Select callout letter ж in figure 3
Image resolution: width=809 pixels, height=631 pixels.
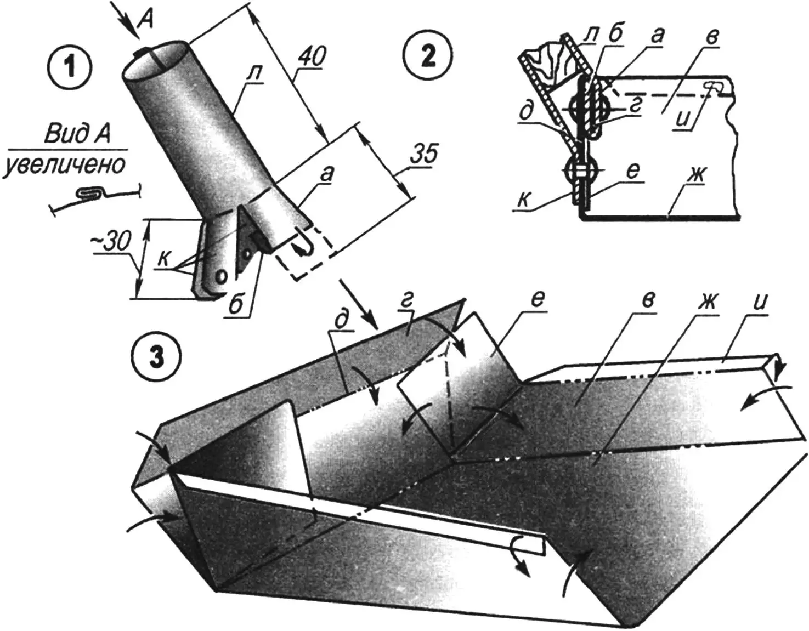pos(709,302)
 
